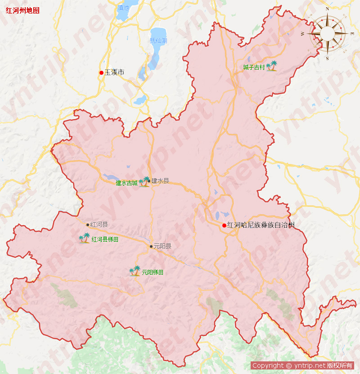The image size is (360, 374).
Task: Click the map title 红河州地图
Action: click(22, 10)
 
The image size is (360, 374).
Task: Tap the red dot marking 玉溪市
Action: click(102, 73)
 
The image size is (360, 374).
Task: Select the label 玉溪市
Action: click(114, 72)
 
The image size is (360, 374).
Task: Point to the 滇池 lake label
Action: click(123, 8)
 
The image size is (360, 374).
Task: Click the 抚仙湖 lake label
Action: click(158, 41)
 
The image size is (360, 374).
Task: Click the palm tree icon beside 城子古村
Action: click(271, 67)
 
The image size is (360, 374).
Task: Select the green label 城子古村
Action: click(254, 68)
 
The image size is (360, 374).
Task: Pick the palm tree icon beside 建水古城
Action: click(144, 182)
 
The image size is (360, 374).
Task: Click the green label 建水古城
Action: click(126, 183)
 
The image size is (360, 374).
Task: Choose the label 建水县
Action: click(160, 181)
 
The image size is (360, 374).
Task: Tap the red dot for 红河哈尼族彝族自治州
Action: click(225, 225)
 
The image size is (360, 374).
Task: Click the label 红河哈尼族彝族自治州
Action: click(261, 225)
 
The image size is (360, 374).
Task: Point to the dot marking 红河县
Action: click(88, 224)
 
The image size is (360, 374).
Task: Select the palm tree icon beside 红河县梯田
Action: click(85, 238)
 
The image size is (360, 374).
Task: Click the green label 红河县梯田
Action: click(105, 239)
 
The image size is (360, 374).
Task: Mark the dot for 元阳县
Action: click(151, 246)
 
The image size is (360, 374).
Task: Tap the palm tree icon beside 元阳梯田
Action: click(135, 271)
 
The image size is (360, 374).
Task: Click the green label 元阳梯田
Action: click(153, 273)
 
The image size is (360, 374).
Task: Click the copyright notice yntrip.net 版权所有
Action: click(302, 365)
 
